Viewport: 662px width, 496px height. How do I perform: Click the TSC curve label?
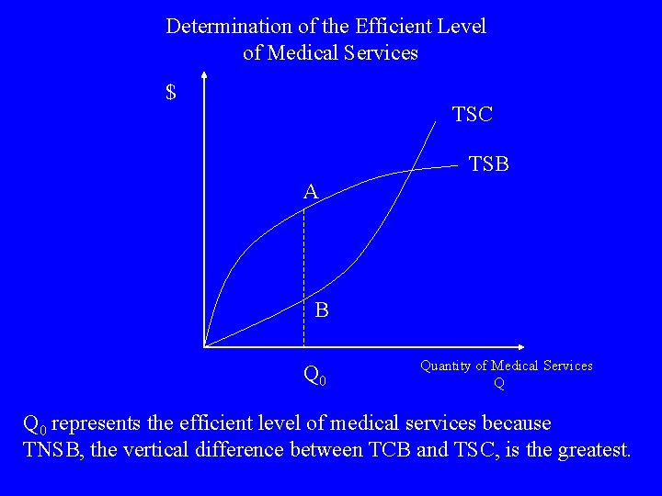pos(473,115)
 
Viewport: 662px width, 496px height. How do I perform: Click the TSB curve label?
pos(489,164)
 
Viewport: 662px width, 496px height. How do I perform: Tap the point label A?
pos(312,192)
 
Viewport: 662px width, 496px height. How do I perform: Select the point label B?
pos(322,310)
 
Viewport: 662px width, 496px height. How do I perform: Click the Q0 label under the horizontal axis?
pos(314,375)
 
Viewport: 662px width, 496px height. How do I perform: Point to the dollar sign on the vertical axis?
pos(171,93)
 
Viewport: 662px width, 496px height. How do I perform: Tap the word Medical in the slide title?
pos(304,53)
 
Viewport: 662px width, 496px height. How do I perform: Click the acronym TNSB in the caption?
pos(53,450)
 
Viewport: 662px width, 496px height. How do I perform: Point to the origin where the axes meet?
pos(204,347)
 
